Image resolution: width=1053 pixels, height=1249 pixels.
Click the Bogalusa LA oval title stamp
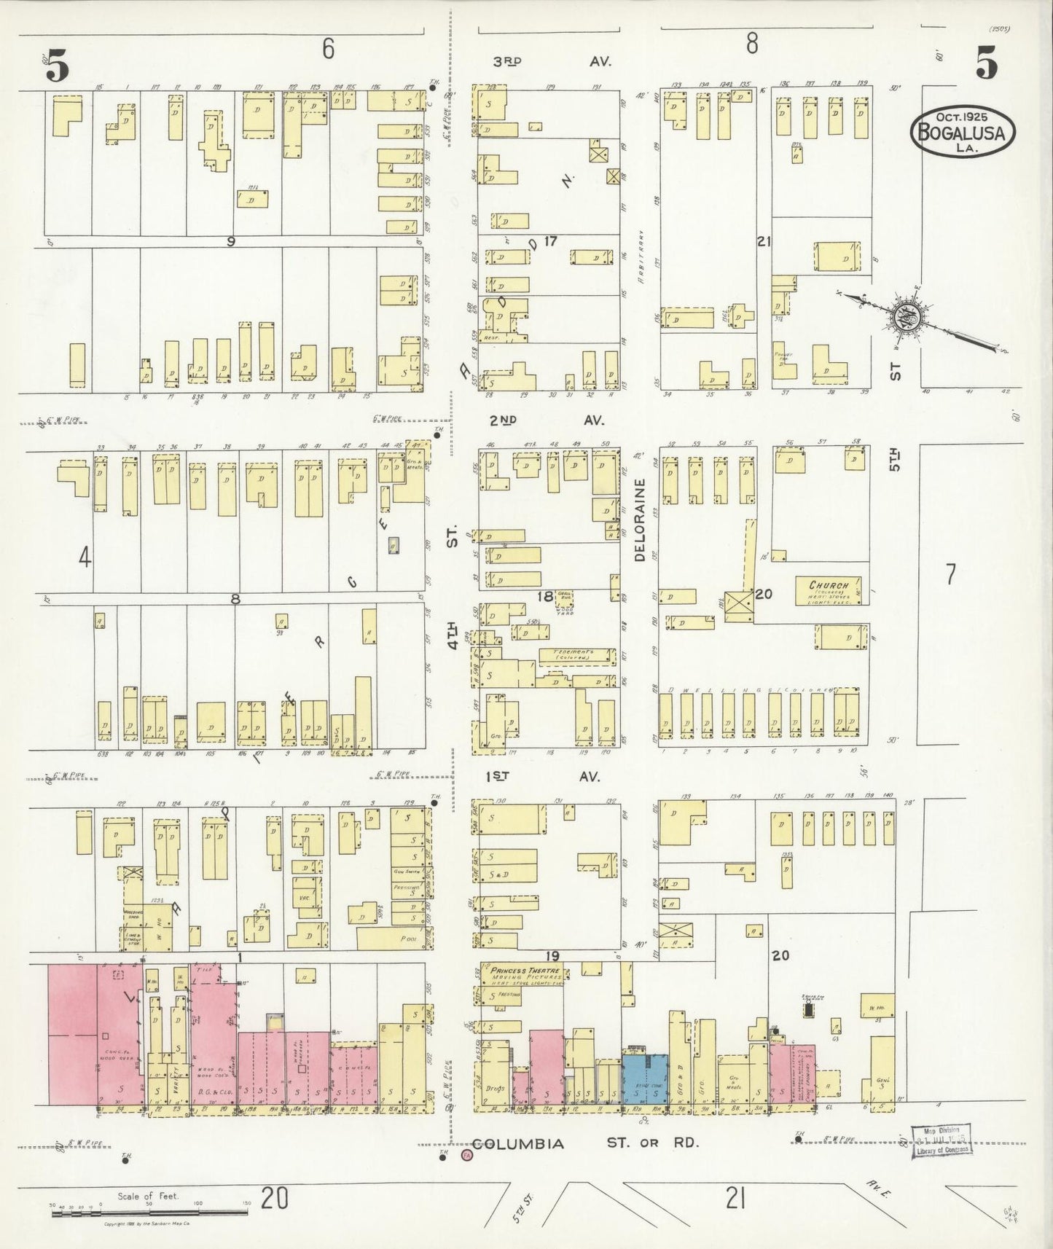point(961,131)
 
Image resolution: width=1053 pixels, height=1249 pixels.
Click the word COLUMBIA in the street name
point(517,1144)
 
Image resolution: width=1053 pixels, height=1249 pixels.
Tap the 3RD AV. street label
point(552,63)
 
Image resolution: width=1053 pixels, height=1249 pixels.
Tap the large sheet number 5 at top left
point(58,67)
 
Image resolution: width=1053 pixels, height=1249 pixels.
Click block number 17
point(549,241)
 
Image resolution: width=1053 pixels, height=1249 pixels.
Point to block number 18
point(545,598)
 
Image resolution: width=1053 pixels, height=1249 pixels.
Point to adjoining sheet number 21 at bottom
point(735,1198)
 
